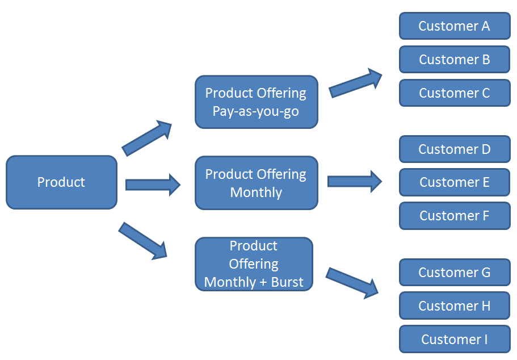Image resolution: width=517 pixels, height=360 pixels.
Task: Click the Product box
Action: (x=61, y=182)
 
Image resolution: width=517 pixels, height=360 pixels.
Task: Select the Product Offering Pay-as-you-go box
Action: (x=256, y=102)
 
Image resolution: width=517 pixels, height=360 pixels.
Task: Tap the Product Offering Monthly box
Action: (x=256, y=183)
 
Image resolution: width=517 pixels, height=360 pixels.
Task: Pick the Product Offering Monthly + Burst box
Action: (x=254, y=264)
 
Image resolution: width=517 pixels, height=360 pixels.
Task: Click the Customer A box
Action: (x=454, y=26)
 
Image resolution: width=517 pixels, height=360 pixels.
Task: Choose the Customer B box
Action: (x=454, y=60)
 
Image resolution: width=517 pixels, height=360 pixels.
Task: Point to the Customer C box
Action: (x=454, y=93)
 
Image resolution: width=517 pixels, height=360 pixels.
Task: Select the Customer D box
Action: (x=454, y=149)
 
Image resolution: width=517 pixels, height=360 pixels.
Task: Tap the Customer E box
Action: (x=454, y=182)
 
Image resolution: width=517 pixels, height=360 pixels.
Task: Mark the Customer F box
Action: (x=454, y=216)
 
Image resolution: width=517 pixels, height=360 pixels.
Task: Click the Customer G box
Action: (x=454, y=273)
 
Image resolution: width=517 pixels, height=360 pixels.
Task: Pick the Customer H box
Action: (x=454, y=306)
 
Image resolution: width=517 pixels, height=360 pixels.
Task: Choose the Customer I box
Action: (x=454, y=340)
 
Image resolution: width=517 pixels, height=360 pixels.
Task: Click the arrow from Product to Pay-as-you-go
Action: (x=147, y=138)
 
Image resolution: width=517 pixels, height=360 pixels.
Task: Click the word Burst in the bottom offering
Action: (x=287, y=282)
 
